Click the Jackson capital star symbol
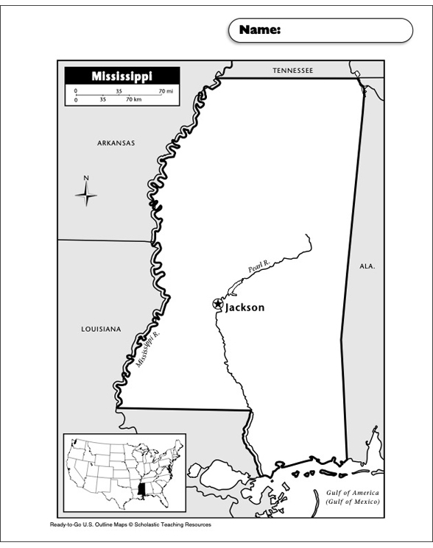click(217, 304)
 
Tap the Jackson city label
click(244, 307)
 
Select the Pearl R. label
click(258, 268)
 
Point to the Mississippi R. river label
click(148, 349)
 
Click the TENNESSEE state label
click(292, 71)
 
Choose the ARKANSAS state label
click(116, 143)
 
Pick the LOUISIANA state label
click(101, 330)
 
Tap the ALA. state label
click(367, 267)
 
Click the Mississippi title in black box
click(122, 76)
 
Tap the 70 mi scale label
click(165, 90)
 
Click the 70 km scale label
click(133, 99)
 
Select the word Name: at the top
click(259, 30)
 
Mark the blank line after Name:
click(342, 31)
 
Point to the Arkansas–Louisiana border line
click(103, 240)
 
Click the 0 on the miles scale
click(75, 90)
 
